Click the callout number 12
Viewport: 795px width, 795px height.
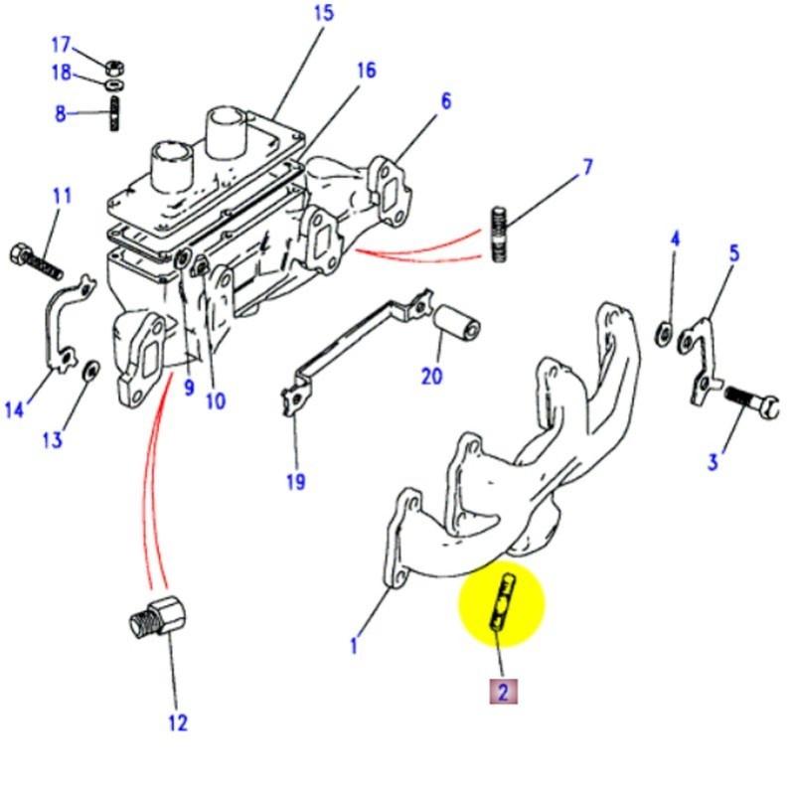pyautogui.click(x=177, y=722)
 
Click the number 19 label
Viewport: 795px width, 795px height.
pyautogui.click(x=295, y=482)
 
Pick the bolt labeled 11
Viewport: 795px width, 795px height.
pyautogui.click(x=37, y=259)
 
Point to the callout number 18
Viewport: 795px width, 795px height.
pyautogui.click(x=61, y=73)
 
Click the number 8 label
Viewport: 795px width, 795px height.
pyautogui.click(x=61, y=113)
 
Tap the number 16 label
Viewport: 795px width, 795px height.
pyautogui.click(x=365, y=71)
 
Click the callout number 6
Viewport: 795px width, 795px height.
pyautogui.click(x=445, y=100)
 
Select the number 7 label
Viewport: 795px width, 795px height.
pyautogui.click(x=587, y=166)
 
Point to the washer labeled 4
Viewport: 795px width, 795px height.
pyautogui.click(x=662, y=331)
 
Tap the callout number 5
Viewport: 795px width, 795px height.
pyautogui.click(x=733, y=252)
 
